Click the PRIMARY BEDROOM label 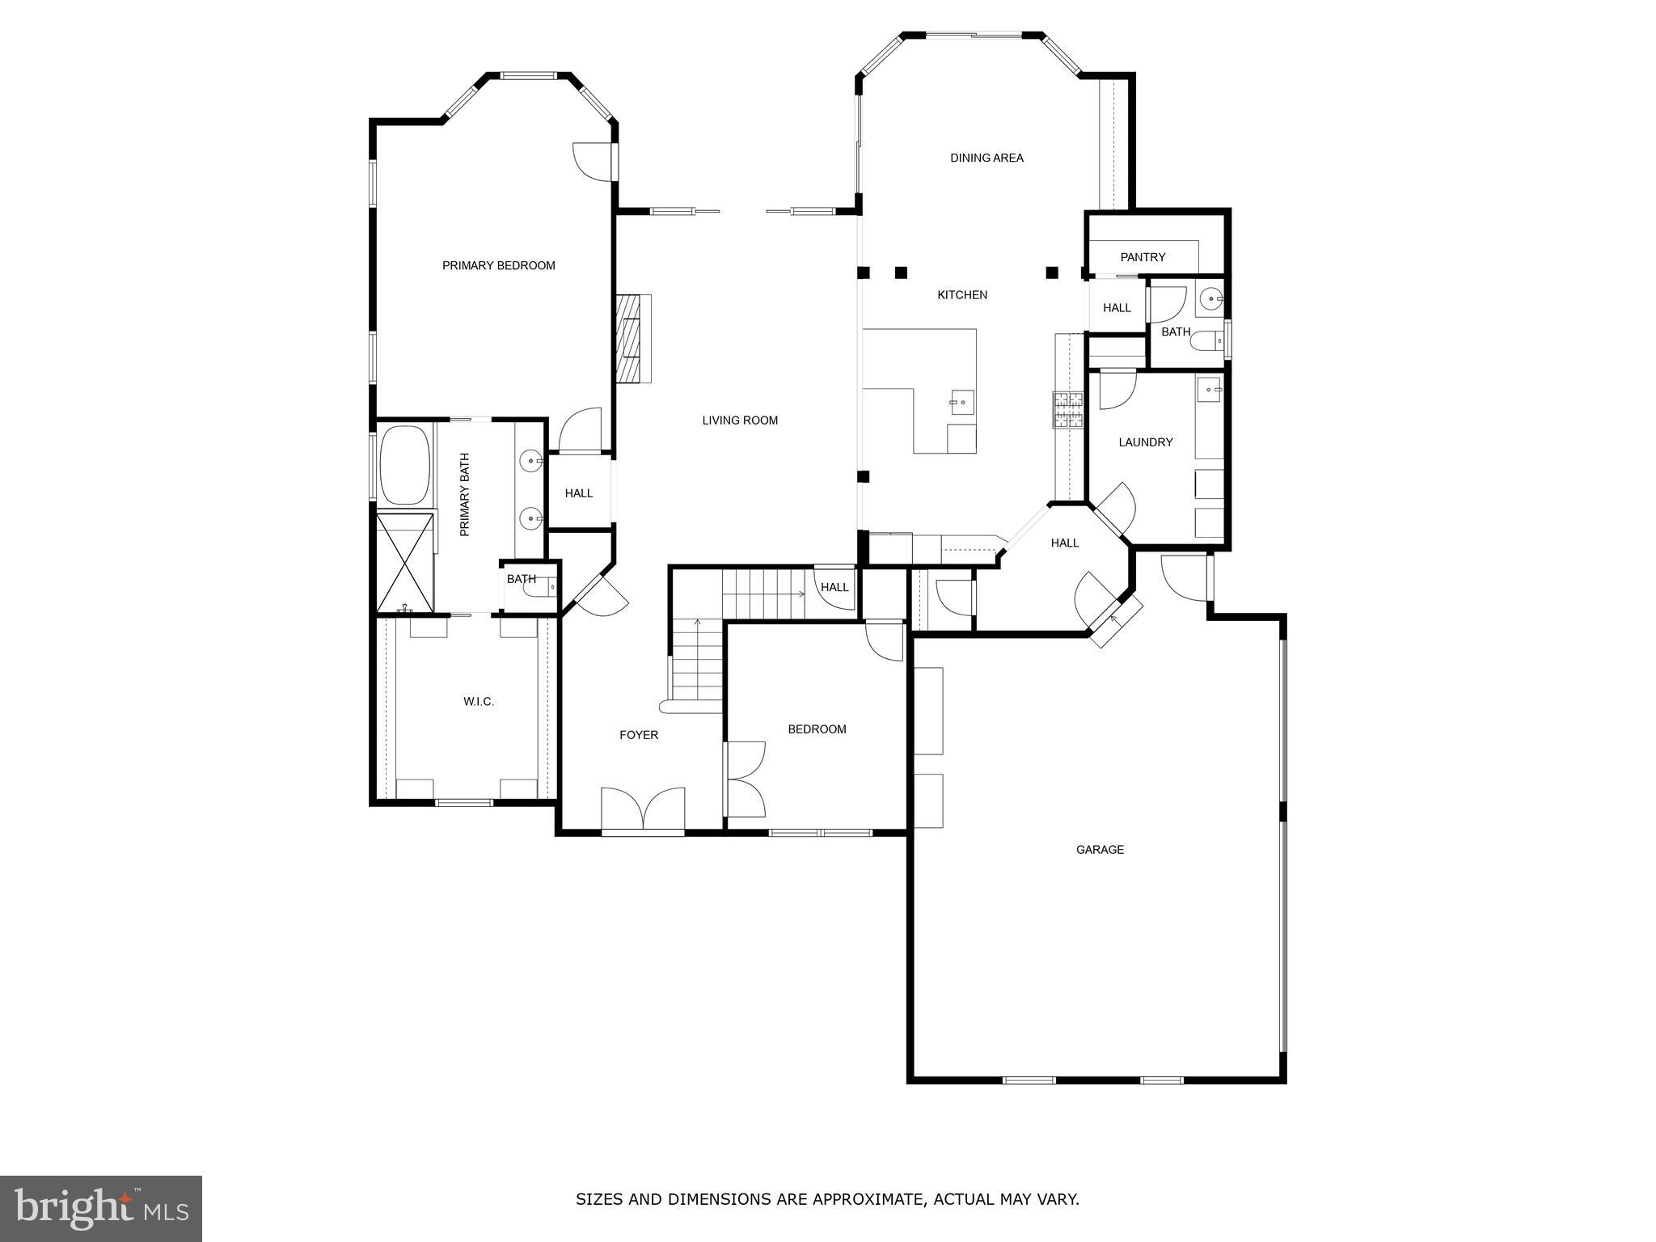coord(498,265)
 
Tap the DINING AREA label coord(986,158)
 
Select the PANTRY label coord(1143,257)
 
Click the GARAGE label coord(1100,849)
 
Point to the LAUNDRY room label coord(1145,442)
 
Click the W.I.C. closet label coord(479,701)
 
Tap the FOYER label coord(639,735)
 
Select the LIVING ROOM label coord(740,420)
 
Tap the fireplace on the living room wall coord(633,338)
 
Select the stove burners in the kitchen coord(1067,409)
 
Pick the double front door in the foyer coord(643,808)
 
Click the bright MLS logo coord(101,1208)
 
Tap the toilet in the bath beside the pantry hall coord(1205,341)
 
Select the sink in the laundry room coord(1210,390)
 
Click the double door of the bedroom coord(746,779)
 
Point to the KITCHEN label coord(962,295)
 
